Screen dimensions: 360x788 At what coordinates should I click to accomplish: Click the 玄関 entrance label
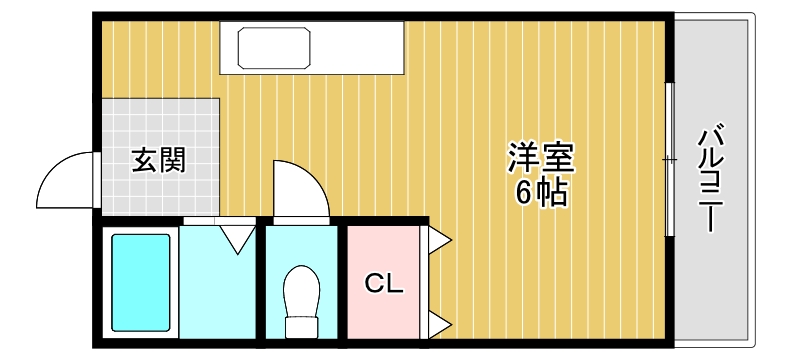[x=159, y=160]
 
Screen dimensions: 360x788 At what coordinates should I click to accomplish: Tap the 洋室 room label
[x=541, y=158]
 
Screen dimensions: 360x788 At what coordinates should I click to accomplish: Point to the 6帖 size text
[x=541, y=193]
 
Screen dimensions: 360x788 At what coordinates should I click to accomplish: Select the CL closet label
[x=383, y=284]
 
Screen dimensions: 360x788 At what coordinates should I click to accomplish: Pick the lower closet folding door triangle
[x=440, y=322]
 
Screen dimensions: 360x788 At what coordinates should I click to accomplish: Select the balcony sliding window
[x=669, y=160]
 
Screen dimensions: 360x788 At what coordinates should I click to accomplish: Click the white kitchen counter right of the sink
[x=360, y=48]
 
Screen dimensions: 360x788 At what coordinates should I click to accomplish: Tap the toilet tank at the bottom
[x=300, y=326]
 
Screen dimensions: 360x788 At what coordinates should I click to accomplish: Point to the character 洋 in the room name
[x=524, y=158]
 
